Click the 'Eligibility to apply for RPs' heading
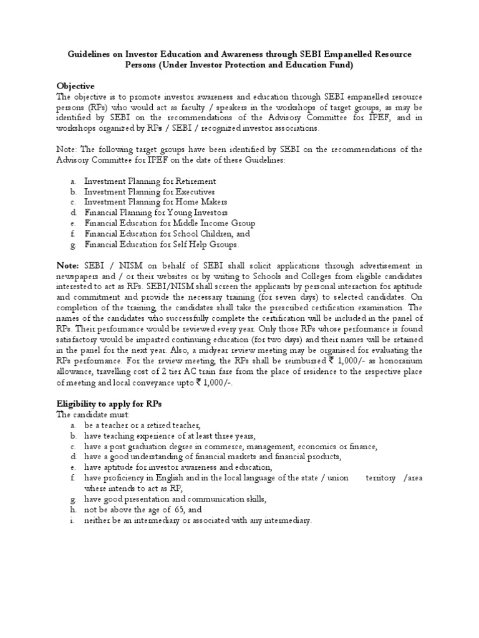click(x=109, y=404)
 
